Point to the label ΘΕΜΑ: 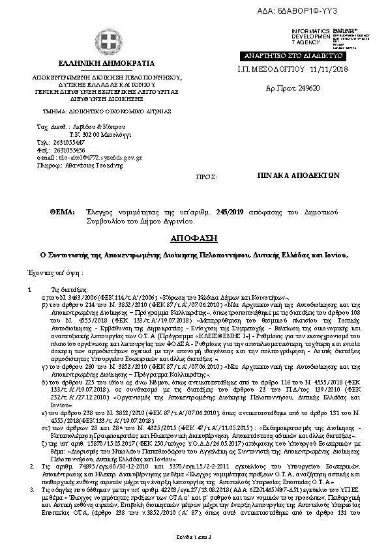pyautogui.click(x=62, y=212)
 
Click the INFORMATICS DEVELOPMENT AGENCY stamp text pyautogui.click(x=312, y=36)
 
